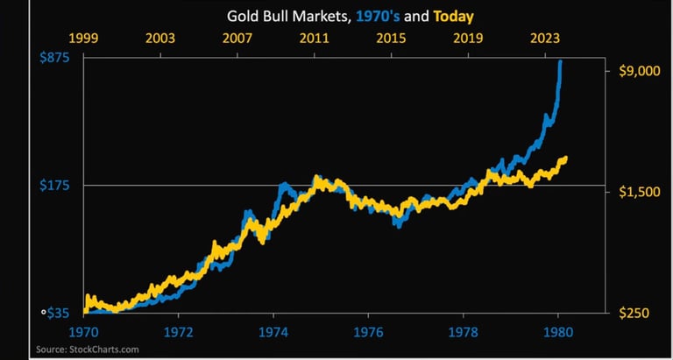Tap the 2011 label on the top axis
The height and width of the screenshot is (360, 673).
[314, 39]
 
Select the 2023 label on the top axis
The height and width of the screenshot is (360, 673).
[545, 39]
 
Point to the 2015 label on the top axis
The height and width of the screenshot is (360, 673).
[391, 39]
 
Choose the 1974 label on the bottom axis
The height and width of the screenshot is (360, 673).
[273, 333]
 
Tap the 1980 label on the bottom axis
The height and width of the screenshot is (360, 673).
[558, 333]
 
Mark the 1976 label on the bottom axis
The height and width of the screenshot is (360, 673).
[368, 333]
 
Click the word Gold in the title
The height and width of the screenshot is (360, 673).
[242, 16]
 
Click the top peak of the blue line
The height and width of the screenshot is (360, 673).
[561, 61]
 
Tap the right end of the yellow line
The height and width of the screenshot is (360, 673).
[566, 159]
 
